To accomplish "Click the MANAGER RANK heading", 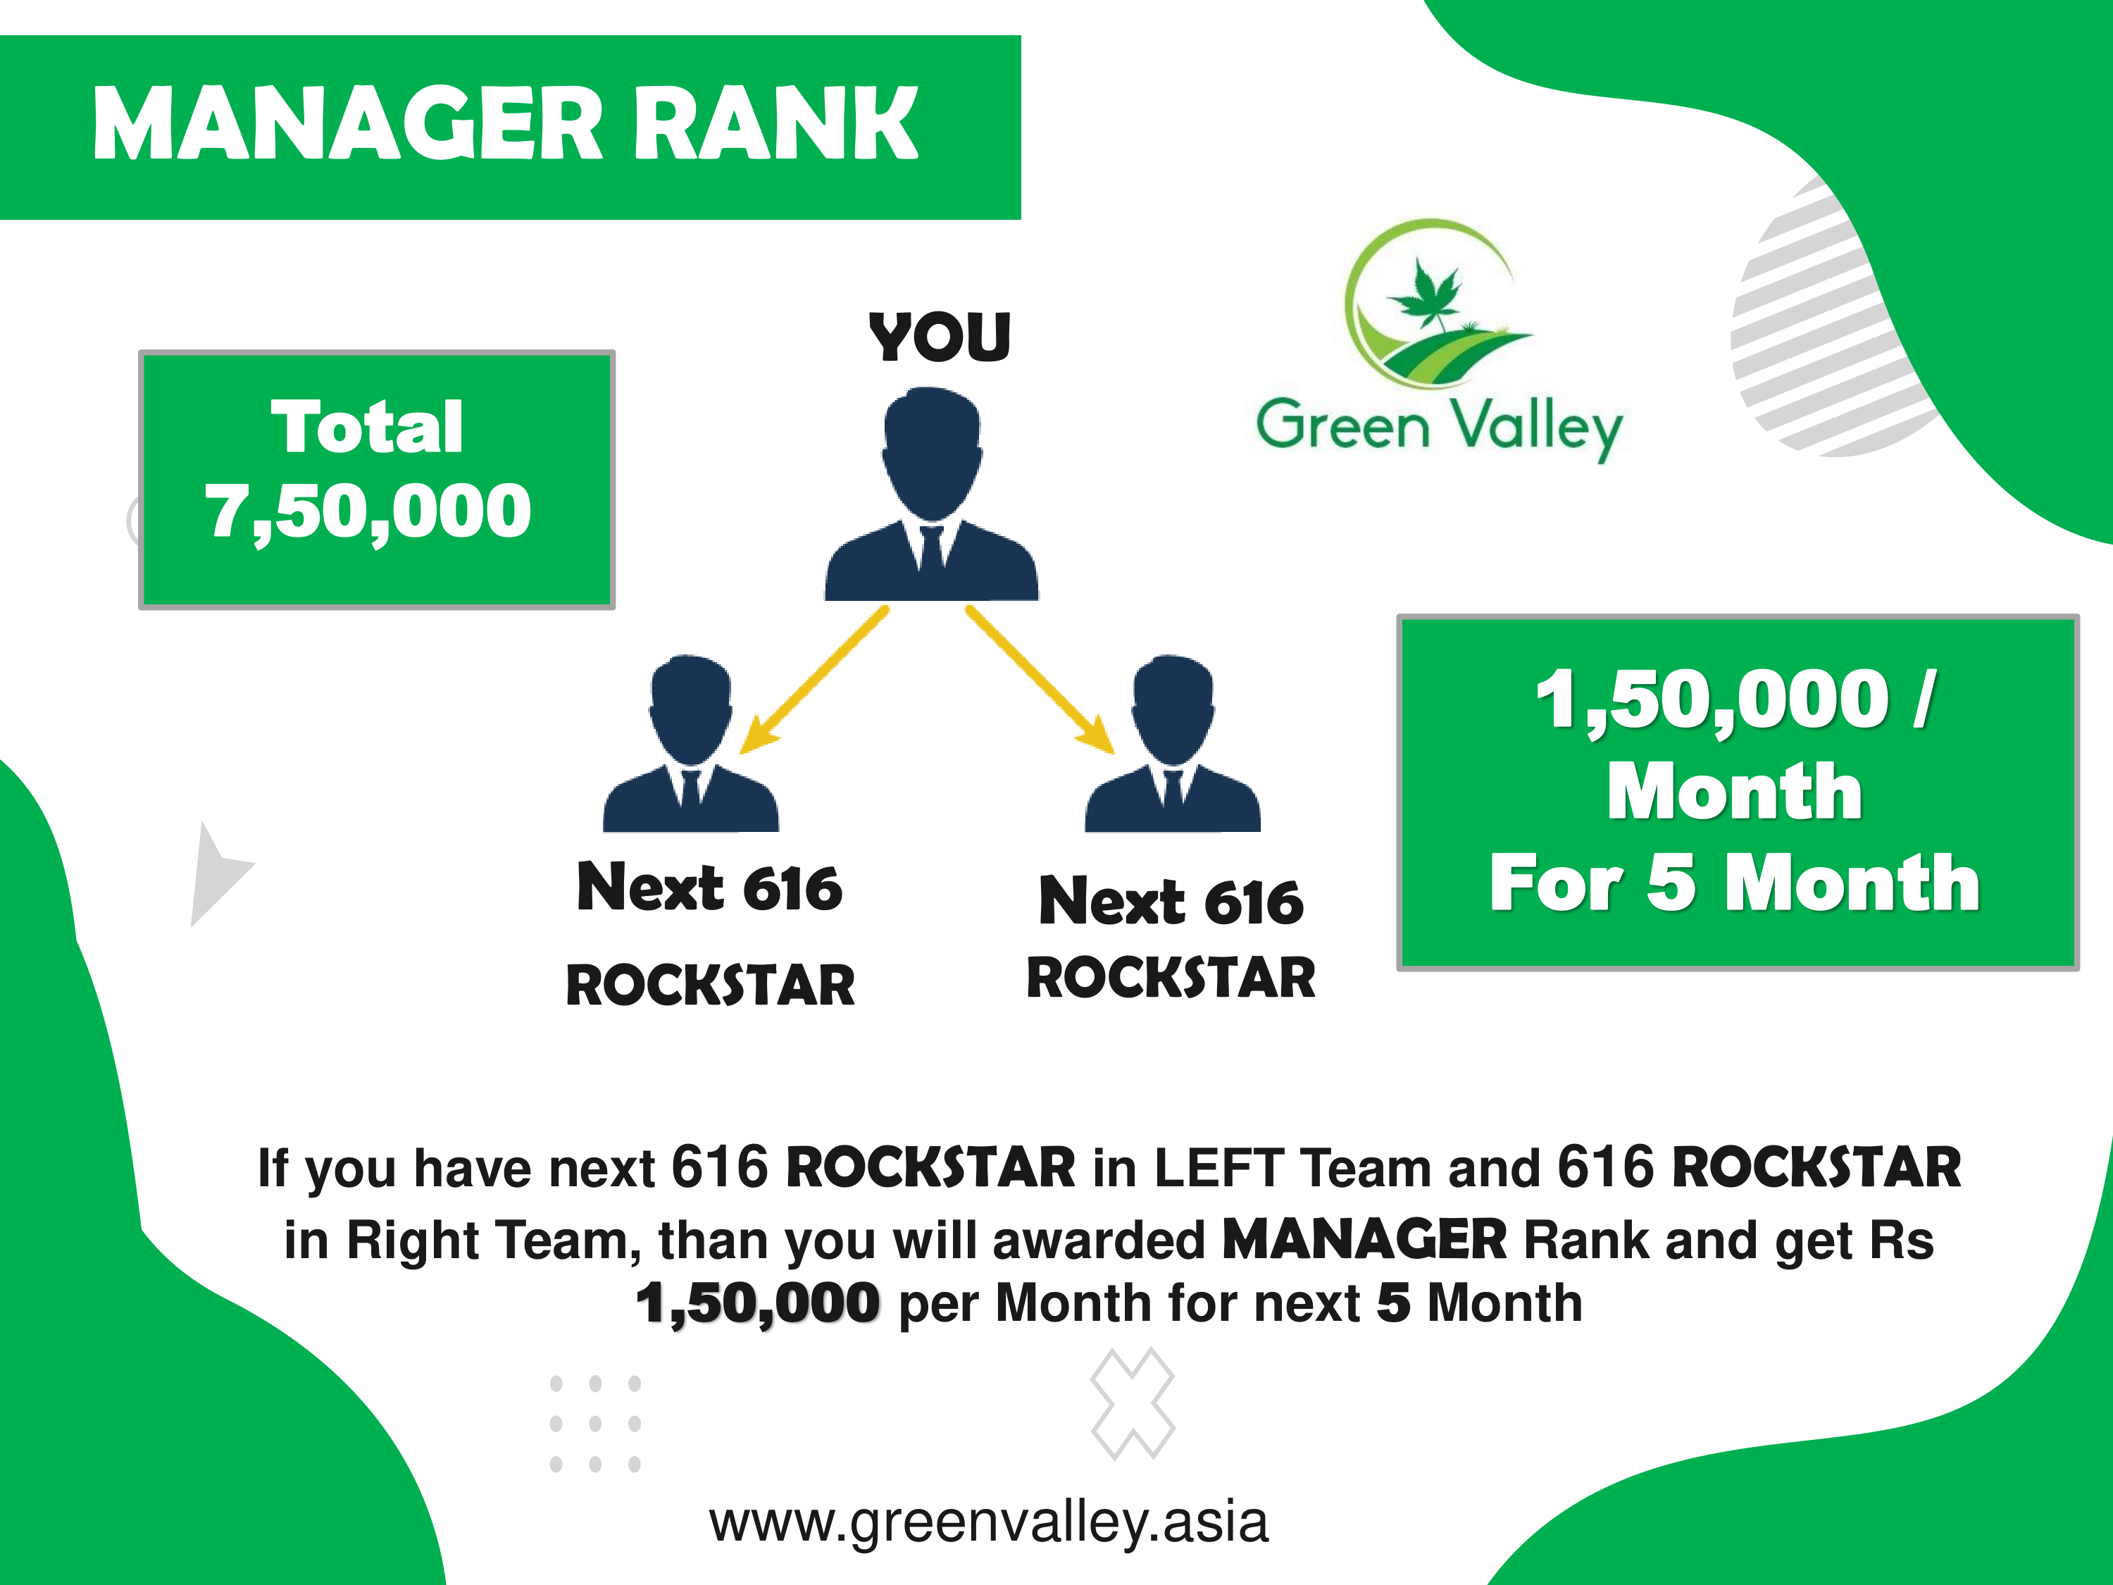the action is click(505, 124).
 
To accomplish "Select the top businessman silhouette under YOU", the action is click(931, 493).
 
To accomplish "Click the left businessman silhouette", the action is click(691, 743).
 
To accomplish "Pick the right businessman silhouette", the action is click(1172, 743).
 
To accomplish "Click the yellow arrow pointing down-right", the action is click(1040, 679).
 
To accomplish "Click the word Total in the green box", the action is click(368, 426).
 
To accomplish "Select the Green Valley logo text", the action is click(1440, 426).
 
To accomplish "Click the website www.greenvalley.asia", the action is click(989, 1523).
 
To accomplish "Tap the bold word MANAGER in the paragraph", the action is click(1365, 1240).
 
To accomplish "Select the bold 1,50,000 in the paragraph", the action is click(757, 1304).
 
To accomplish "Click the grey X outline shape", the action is click(1133, 1403).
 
